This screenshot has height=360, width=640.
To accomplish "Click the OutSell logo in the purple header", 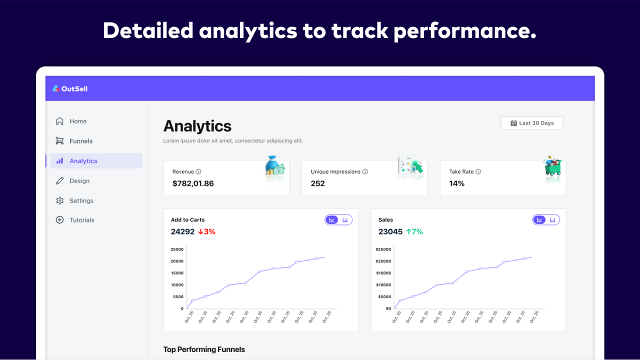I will (x=70, y=88).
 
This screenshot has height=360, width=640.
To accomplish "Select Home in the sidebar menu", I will (x=77, y=121).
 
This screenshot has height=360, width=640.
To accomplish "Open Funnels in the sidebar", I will (x=80, y=141).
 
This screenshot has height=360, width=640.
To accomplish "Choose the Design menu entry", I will (x=79, y=180).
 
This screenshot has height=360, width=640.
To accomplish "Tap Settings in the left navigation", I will (x=81, y=200).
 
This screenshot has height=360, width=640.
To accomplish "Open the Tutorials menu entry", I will (x=81, y=220).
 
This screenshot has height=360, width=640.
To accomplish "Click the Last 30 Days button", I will (x=532, y=123).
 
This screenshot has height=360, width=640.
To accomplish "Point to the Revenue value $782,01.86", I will (x=193, y=183).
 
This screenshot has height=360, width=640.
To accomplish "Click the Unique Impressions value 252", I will (x=317, y=183).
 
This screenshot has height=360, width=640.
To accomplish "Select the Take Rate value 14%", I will (x=456, y=183).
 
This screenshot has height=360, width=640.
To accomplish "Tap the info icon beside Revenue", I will (x=198, y=171).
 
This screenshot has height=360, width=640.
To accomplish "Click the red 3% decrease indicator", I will (x=206, y=231).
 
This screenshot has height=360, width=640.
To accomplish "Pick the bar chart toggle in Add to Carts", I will (x=345, y=219).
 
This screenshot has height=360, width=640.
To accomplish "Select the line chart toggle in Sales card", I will (x=539, y=219).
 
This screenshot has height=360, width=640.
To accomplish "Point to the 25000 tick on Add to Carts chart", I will (x=177, y=249).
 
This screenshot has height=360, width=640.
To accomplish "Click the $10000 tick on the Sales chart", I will (x=383, y=285).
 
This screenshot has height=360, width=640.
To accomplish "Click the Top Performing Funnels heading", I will (x=204, y=349).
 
